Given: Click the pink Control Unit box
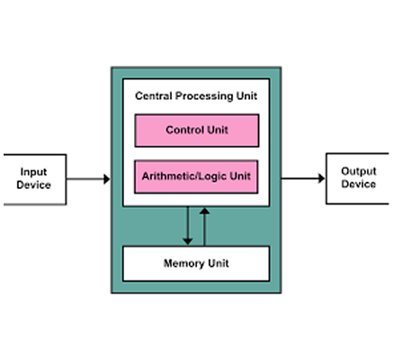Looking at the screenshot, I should point(196,130).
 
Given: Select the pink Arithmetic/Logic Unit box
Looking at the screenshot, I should point(196,176).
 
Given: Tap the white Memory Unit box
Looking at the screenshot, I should point(196,264).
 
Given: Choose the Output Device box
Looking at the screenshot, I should point(358,177).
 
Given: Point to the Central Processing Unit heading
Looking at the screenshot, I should point(196,94).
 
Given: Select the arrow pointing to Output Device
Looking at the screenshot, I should point(302,178).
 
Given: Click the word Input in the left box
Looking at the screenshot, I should point(33,171).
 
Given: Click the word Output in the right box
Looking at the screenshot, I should point(358,170).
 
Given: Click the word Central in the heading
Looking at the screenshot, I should point(154,94).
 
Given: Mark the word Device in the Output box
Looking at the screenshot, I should point(358,184).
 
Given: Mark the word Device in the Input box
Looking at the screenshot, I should point(33,185).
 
